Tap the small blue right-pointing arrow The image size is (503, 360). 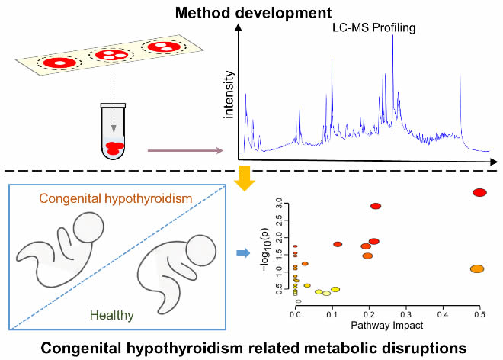click(243, 252)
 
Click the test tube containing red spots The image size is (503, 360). click(113, 131)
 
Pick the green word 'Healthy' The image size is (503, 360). click(111, 313)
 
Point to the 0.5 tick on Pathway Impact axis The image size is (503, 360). click(479, 313)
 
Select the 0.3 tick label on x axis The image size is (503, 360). click(405, 313)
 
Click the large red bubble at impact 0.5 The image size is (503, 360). click(479, 192)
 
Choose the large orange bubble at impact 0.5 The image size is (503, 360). click(478, 269)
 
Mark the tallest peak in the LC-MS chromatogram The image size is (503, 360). click(393, 38)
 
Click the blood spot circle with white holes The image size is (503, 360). click(111, 55)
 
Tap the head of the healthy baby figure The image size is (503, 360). click(200, 250)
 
